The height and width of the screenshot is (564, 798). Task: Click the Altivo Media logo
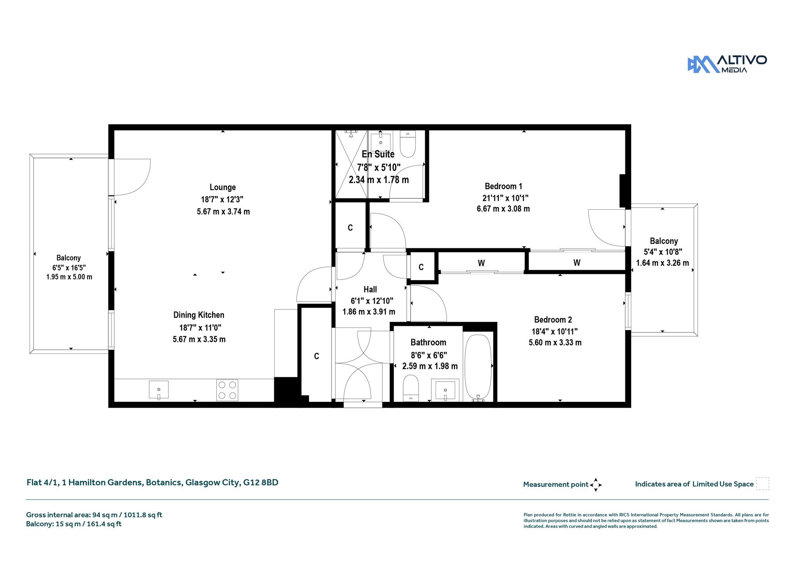click(727, 64)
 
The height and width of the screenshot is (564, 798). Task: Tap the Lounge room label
click(222, 187)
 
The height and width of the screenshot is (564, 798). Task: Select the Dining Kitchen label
click(199, 315)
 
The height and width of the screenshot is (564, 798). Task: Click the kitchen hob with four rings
click(227, 390)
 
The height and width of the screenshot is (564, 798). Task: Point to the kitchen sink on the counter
click(159, 390)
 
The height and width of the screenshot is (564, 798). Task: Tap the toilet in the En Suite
click(408, 143)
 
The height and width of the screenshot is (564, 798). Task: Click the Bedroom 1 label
click(503, 186)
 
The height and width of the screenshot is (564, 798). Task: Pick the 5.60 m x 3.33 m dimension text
click(555, 343)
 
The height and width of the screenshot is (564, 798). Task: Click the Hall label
click(370, 289)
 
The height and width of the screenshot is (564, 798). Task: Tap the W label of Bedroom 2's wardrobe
click(481, 263)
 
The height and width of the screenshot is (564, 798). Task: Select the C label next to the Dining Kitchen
click(316, 356)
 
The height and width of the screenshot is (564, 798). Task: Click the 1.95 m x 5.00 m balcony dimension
click(69, 277)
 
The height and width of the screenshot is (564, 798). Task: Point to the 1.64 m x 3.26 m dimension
click(662, 263)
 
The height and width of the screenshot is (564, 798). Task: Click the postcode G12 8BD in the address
click(261, 483)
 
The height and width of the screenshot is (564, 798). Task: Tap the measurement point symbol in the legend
click(596, 485)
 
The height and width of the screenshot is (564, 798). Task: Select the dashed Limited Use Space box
click(763, 484)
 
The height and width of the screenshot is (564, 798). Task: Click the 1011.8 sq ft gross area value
click(143, 515)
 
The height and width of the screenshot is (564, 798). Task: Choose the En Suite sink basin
click(380, 142)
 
